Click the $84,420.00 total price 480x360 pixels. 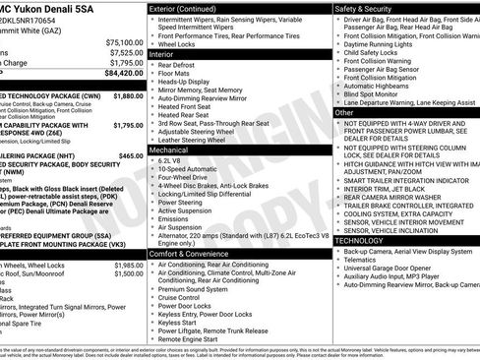[122, 72]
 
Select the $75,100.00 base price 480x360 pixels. [124, 42]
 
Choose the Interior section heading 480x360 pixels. [162, 54]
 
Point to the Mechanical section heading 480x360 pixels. [169, 149]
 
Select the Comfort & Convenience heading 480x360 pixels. [191, 254]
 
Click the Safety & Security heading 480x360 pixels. [363, 7]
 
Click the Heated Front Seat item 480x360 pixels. [186, 106]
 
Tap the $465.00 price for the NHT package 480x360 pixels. [128, 155]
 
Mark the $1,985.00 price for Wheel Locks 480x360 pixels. [127, 266]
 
